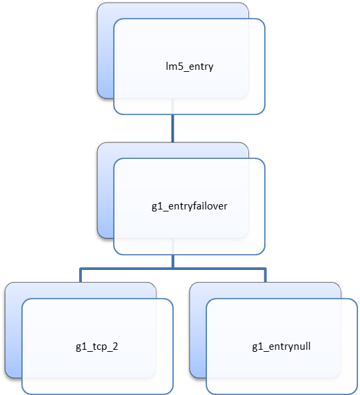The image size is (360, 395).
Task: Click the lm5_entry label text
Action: click(190, 66)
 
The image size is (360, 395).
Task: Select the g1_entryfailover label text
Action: click(190, 207)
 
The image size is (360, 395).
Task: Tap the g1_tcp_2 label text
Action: click(96, 347)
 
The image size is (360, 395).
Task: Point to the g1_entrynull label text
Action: click(281, 347)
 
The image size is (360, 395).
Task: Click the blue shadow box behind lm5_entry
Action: click(106, 51)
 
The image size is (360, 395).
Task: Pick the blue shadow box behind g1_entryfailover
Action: click(106, 190)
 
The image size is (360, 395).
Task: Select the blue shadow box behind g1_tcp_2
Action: click(13, 330)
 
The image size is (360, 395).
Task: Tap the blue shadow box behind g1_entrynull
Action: click(198, 330)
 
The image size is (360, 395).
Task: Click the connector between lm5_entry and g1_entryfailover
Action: click(173, 128)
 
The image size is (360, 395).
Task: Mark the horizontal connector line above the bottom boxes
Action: click(173, 269)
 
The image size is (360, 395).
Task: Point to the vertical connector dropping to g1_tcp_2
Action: click(81, 275)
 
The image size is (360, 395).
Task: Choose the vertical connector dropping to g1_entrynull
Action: click(266, 275)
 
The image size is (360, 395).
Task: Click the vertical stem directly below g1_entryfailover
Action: click(173, 261)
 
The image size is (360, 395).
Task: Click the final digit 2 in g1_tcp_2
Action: click(115, 346)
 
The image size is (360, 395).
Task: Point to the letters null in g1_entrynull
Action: click(301, 346)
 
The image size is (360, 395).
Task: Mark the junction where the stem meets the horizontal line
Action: click(173, 269)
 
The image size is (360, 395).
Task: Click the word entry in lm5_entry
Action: click(201, 67)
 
